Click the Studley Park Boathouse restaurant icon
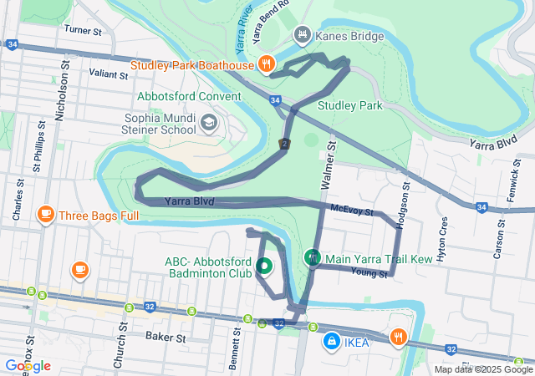[266, 63]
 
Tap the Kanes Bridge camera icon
[302, 35]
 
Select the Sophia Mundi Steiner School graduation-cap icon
[207, 124]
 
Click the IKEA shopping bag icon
[332, 342]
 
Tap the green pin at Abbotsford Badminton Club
[264, 267]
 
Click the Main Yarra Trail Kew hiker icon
[313, 259]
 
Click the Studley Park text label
[349, 106]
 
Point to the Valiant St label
[110, 74]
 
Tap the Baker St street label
[165, 338]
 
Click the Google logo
[27, 366]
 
